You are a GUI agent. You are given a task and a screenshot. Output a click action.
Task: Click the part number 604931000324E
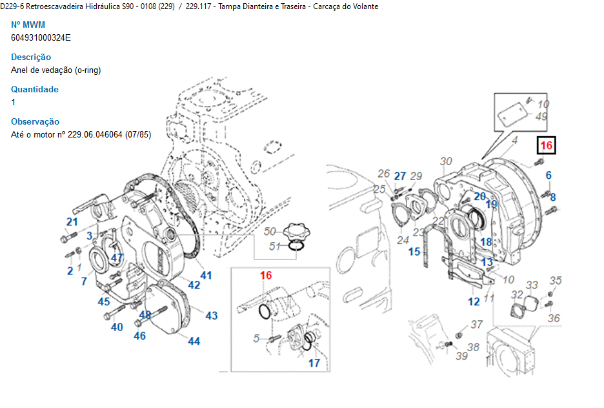41,37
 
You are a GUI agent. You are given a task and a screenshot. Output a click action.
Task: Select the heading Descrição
31,57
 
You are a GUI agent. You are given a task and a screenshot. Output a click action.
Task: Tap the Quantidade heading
35,89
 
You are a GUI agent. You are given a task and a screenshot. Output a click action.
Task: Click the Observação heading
35,121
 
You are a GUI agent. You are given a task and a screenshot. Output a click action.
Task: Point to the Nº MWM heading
28,25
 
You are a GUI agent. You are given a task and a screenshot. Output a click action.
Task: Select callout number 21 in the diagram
72,222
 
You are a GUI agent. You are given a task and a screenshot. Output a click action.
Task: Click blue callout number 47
117,258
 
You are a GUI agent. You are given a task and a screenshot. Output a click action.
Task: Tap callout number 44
194,341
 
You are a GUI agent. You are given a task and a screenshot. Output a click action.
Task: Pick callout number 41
205,276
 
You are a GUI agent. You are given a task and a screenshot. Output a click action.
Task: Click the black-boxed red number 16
546,146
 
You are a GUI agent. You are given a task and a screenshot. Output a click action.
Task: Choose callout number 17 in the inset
314,363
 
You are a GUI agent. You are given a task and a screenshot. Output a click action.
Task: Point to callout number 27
400,176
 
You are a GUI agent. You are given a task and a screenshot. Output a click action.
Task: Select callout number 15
414,251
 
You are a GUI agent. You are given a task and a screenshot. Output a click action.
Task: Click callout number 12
474,301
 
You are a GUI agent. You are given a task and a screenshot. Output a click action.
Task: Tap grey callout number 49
541,117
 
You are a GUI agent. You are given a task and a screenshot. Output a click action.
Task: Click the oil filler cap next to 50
296,230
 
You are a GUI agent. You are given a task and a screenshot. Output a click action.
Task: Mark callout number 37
476,324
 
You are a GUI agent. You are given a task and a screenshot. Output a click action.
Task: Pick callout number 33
532,285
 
